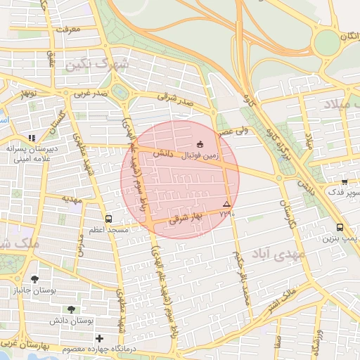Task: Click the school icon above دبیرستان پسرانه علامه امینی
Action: pyautogui.click(x=31, y=139)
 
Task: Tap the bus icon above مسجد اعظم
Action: pyautogui.click(x=108, y=219)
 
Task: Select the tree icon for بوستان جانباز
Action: pyautogui.click(x=34, y=279)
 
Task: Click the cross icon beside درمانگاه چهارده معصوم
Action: pyautogui.click(x=99, y=339)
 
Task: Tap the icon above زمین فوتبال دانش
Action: pyautogui.click(x=200, y=143)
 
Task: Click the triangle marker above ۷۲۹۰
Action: pyautogui.click(x=226, y=203)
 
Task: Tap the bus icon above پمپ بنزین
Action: pyautogui.click(x=340, y=227)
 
